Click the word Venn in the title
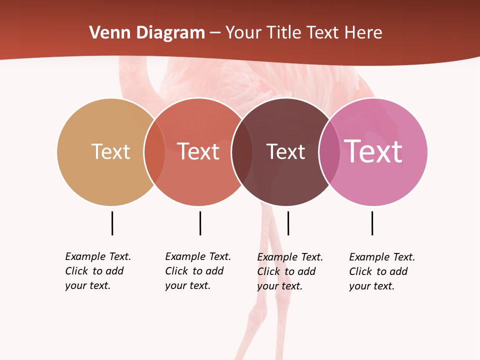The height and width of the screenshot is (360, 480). pyautogui.click(x=104, y=33)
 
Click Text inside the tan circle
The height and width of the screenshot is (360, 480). pyautogui.click(x=110, y=151)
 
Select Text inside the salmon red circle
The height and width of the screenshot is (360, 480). pyautogui.click(x=198, y=151)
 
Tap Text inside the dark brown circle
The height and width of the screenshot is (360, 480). pyautogui.click(x=285, y=151)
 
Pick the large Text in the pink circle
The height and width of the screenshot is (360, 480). pyautogui.click(x=373, y=151)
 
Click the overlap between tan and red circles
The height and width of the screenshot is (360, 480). pyautogui.click(x=154, y=152)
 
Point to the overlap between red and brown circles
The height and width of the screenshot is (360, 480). pyautogui.click(x=242, y=152)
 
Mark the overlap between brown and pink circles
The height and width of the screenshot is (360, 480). pyautogui.click(x=329, y=152)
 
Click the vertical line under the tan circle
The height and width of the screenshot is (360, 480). pyautogui.click(x=112, y=223)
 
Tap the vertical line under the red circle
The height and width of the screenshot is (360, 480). pyautogui.click(x=200, y=223)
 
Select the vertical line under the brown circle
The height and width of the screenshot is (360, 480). pyautogui.click(x=288, y=223)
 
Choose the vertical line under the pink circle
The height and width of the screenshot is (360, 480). pyautogui.click(x=372, y=223)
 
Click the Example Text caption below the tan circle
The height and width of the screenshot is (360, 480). pyautogui.click(x=98, y=271)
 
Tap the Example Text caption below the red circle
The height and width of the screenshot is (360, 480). pyautogui.click(x=198, y=271)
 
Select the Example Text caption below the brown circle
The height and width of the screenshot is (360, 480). pyautogui.click(x=290, y=271)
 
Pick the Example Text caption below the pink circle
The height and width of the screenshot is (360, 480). pyautogui.click(x=382, y=271)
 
